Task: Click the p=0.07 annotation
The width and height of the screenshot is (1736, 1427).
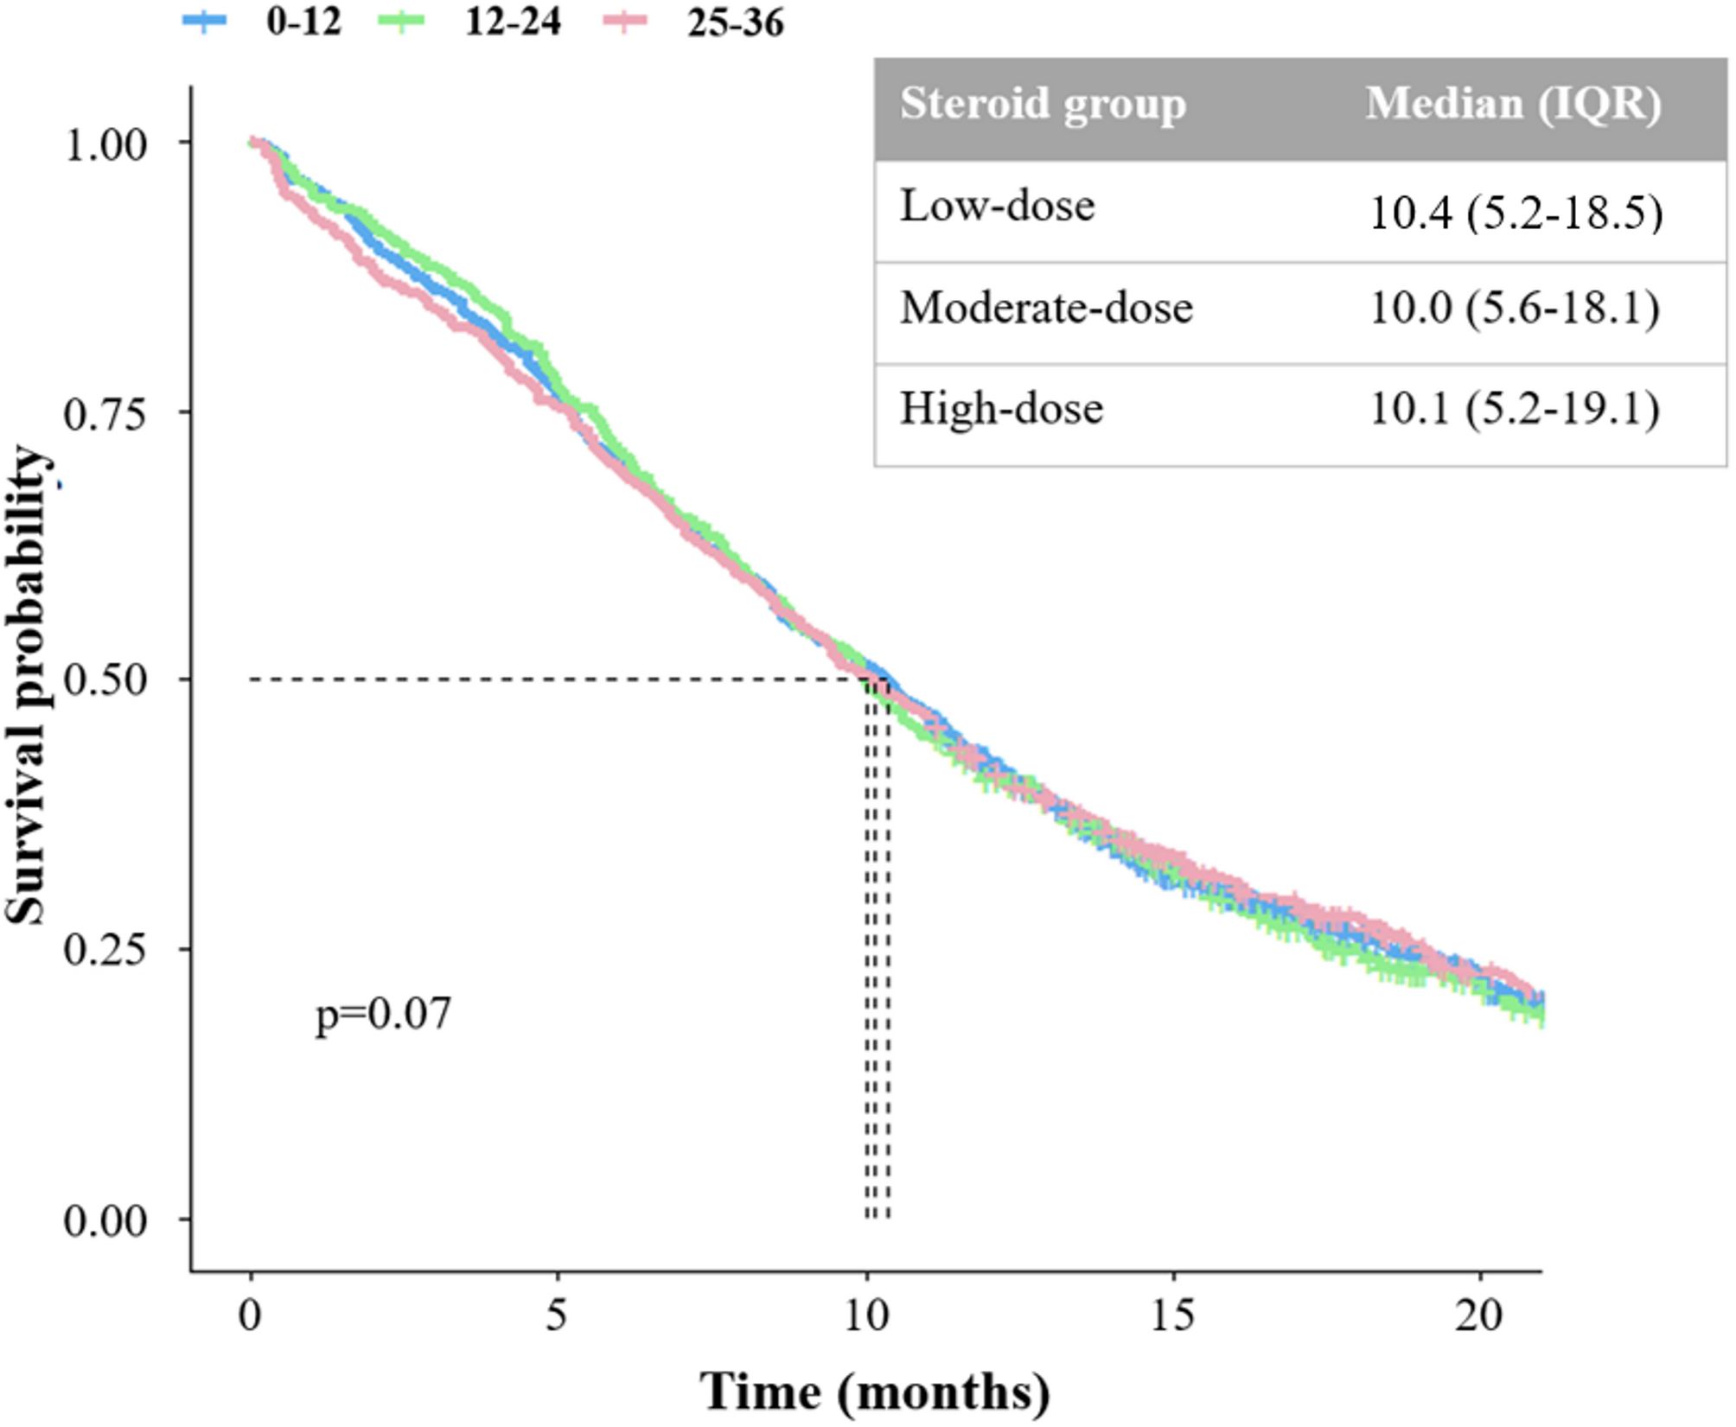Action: (383, 1013)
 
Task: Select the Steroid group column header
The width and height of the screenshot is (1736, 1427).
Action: (1043, 105)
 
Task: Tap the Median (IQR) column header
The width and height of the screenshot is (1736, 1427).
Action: (1513, 105)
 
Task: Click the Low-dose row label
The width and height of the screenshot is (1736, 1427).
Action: (997, 207)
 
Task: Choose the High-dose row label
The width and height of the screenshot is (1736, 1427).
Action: (1001, 409)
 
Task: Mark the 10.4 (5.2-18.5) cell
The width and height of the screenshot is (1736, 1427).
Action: (1516, 212)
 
